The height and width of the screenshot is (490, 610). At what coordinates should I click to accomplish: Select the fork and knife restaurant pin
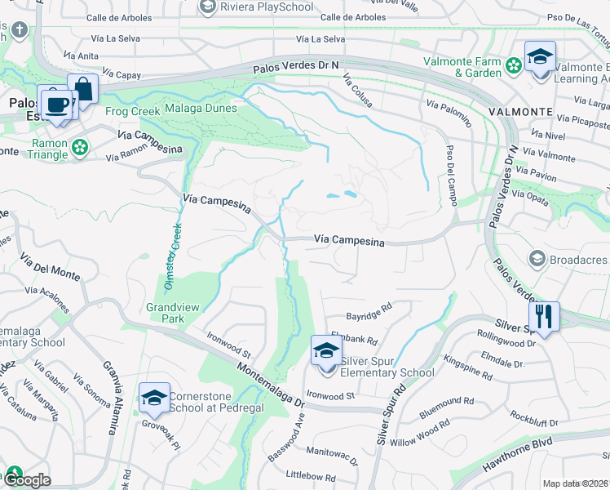[x=544, y=315]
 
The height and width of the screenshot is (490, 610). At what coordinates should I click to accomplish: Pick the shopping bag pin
[x=82, y=90]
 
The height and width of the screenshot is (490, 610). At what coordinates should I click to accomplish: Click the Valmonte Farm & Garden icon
[x=515, y=65]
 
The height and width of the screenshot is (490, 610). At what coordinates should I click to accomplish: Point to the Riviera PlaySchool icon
[x=208, y=7]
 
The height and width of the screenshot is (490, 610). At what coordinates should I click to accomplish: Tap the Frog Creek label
[x=131, y=111]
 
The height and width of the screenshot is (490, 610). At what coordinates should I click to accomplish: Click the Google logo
[x=27, y=479]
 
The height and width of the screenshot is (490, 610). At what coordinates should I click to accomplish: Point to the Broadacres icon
[x=537, y=260]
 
